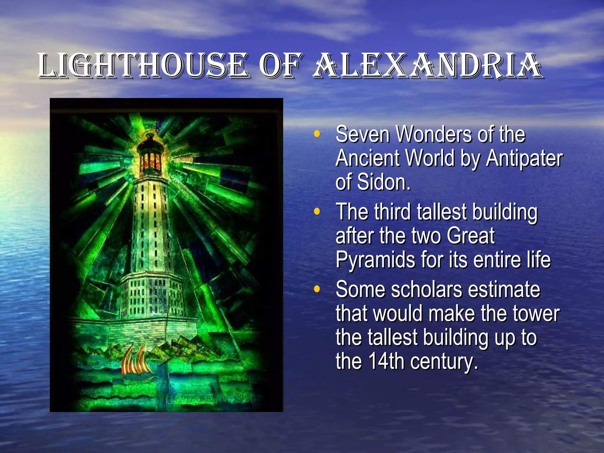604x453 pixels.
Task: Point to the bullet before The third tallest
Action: (317, 212)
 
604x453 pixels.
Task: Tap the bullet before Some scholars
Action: (317, 289)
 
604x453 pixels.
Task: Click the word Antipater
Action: (524, 159)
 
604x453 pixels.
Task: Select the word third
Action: (392, 212)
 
